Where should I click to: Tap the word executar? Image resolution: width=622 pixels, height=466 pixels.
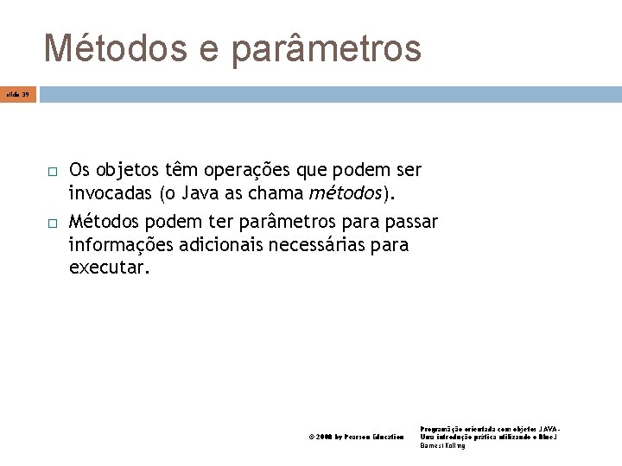109,268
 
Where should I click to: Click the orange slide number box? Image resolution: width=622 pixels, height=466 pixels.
18,92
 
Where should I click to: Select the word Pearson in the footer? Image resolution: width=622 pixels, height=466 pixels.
358,438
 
